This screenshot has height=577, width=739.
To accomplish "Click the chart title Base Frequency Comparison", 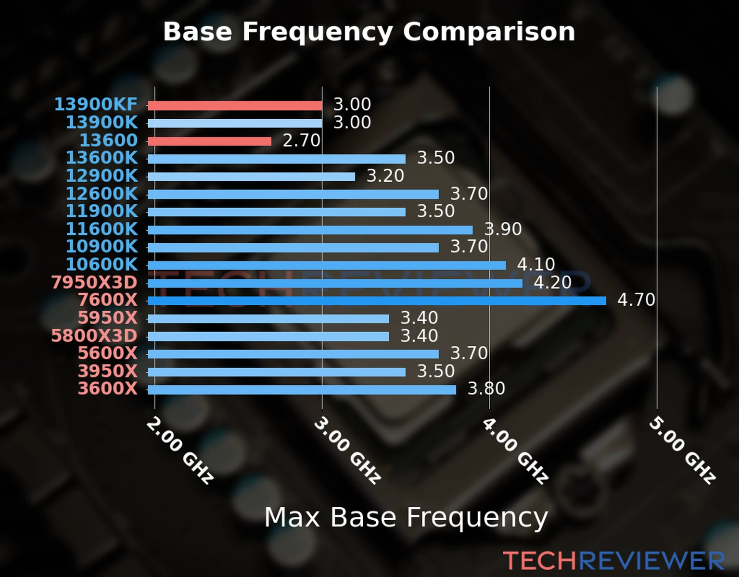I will (x=369, y=32).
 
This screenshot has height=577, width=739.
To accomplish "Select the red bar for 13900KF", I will (x=235, y=106).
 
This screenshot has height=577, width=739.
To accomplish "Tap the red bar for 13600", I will (x=209, y=141).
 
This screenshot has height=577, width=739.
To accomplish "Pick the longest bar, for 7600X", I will (x=377, y=301).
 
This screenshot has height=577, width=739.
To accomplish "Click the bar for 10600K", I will (x=327, y=265).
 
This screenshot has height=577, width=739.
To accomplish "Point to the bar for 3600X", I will (x=302, y=389).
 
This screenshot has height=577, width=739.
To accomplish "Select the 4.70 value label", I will (x=636, y=300).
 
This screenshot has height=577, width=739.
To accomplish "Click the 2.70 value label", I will (x=301, y=140).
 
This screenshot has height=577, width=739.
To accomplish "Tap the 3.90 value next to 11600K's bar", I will (x=503, y=229).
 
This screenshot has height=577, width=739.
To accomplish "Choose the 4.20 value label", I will (x=552, y=282).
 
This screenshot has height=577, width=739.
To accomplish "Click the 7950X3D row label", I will (x=94, y=283).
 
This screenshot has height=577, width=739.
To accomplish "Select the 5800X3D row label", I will (x=94, y=336).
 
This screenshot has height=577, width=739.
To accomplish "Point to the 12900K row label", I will (x=102, y=176).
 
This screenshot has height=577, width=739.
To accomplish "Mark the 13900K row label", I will (x=102, y=123).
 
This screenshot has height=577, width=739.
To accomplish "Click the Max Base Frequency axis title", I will (x=406, y=517).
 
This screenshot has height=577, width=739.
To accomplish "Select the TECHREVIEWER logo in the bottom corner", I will (x=613, y=561).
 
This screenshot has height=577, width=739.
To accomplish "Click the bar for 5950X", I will (x=268, y=319).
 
